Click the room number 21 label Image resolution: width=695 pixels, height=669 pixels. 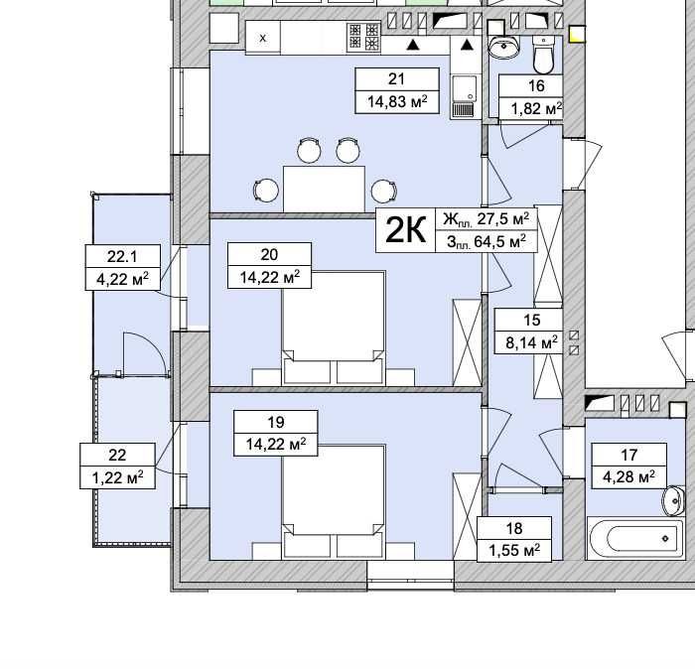(x=396, y=79)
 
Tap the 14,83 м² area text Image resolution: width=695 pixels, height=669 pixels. (x=397, y=102)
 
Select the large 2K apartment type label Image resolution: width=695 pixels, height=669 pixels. (x=405, y=230)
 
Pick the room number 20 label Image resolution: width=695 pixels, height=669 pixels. (x=269, y=255)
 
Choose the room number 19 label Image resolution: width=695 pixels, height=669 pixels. (x=276, y=422)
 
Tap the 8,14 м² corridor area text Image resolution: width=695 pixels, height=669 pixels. (x=532, y=342)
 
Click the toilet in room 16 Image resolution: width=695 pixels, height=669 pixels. (x=543, y=55)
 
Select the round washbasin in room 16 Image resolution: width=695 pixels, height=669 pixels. (x=503, y=46)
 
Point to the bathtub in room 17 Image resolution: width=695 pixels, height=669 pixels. (x=636, y=538)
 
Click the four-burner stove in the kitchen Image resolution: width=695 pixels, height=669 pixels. (x=364, y=37)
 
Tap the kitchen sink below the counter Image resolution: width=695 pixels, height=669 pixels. (x=464, y=96)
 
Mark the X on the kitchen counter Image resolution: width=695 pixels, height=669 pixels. (x=263, y=38)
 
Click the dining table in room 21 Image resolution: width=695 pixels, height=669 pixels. (x=324, y=190)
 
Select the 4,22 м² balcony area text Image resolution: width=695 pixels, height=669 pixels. (x=122, y=279)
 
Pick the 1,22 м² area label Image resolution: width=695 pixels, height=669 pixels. (x=117, y=477)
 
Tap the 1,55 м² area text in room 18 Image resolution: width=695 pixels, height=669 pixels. (x=514, y=551)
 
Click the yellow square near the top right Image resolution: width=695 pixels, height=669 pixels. (x=577, y=34)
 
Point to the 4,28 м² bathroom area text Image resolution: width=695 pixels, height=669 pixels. (x=628, y=477)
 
